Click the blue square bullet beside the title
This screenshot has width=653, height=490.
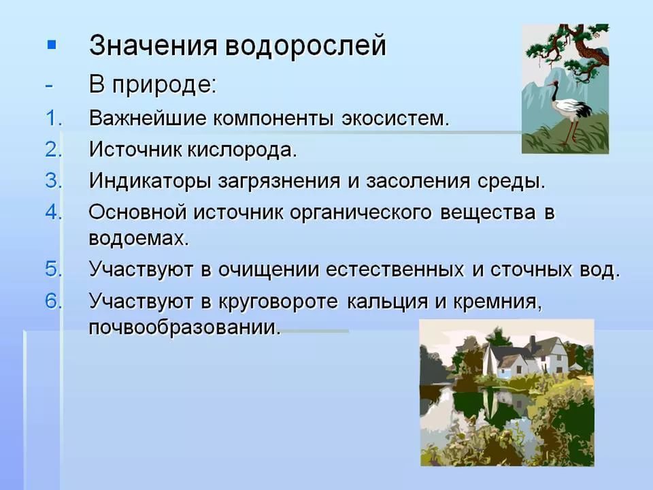click(52, 45)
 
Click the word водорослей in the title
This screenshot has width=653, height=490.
click(306, 46)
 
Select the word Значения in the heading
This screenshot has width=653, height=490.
click(153, 46)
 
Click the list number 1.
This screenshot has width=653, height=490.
click(54, 118)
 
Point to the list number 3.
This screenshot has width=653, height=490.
click(54, 180)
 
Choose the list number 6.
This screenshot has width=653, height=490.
click(54, 301)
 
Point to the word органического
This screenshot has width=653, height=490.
click(361, 213)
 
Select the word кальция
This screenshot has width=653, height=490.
click(387, 301)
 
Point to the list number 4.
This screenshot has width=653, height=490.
click(54, 212)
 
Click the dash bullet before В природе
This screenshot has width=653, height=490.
click(50, 86)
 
